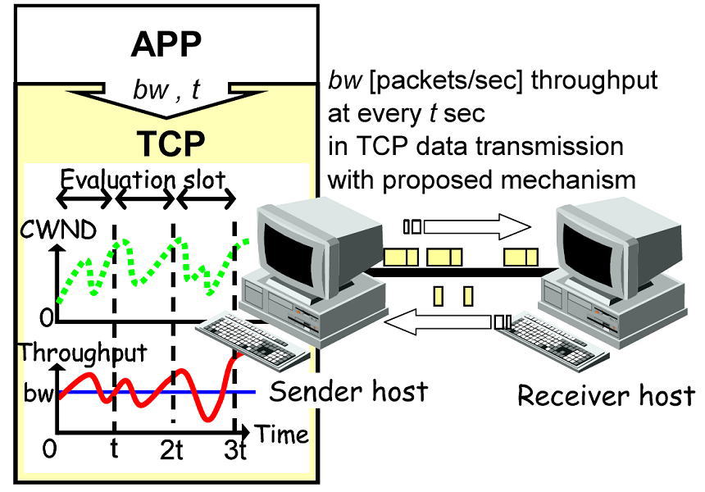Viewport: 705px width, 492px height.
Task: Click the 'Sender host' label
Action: coord(349,391)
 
